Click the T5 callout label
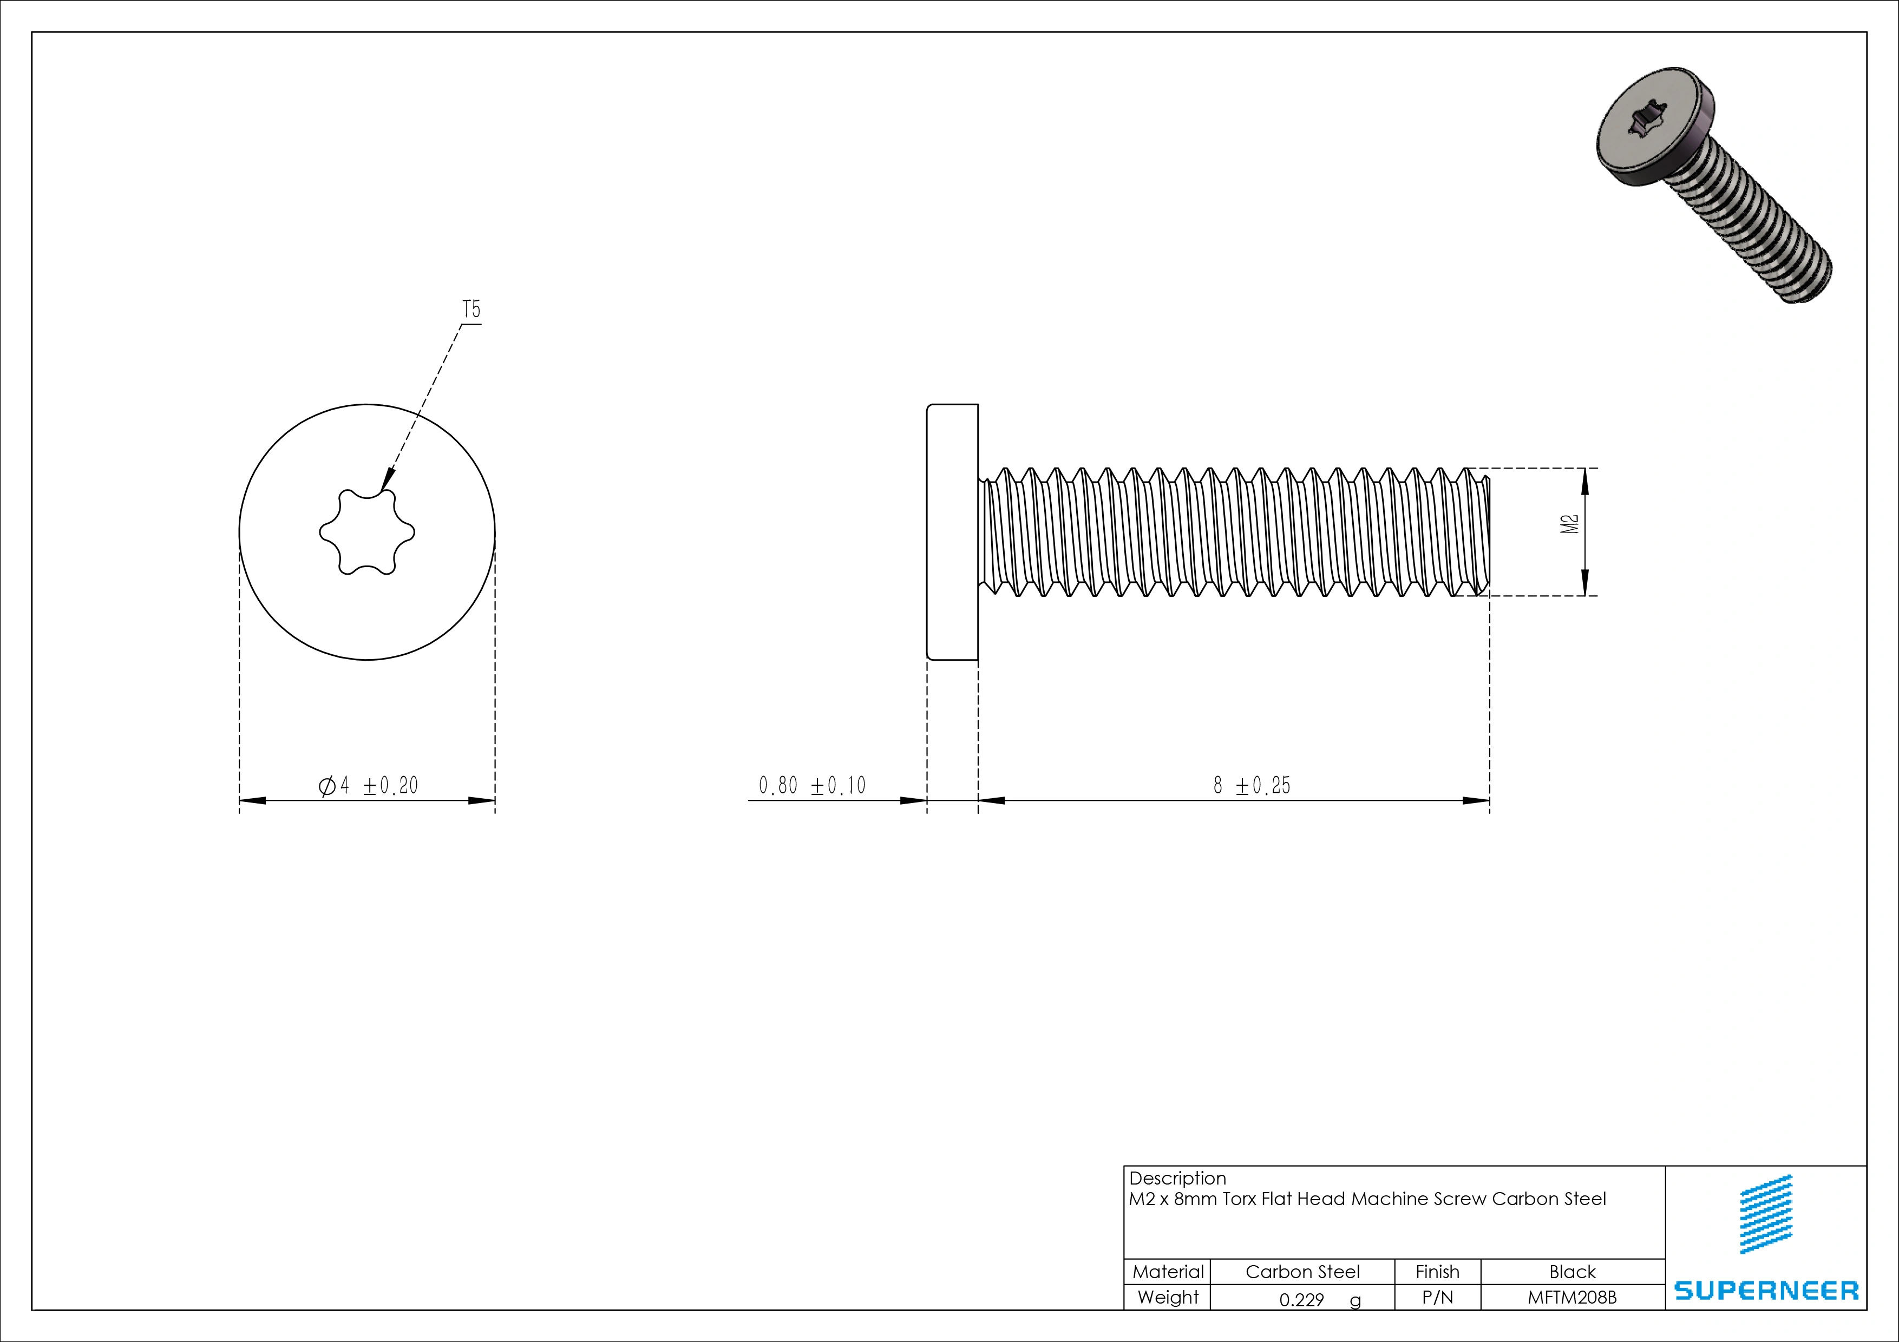tap(470, 310)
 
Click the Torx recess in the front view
tap(366, 532)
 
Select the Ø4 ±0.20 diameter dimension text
tap(369, 786)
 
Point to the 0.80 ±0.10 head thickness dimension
tap(811, 786)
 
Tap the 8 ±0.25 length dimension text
tap(1252, 786)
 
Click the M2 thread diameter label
tap(1569, 524)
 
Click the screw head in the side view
tap(952, 532)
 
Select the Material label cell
tap(1167, 1272)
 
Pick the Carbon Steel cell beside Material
tap(1302, 1272)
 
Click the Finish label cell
tap(1437, 1272)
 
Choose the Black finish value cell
tap(1571, 1272)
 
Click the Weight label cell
tap(1167, 1297)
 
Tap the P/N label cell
tap(1437, 1297)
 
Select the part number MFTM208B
tap(1571, 1297)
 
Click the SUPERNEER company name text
tap(1766, 1291)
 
